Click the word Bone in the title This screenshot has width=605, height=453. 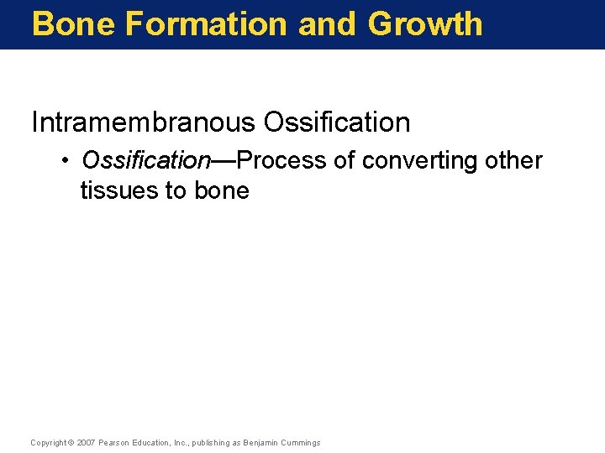pos(73,23)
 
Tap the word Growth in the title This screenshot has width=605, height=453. pos(425,23)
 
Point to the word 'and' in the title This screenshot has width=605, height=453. pos(327,23)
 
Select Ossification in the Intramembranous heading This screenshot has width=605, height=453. pos(336,122)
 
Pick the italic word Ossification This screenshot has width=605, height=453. pos(145,160)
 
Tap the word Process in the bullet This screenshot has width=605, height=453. pos(281,160)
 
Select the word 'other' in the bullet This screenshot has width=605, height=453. pos(513,160)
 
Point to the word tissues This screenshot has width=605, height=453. pos(121,190)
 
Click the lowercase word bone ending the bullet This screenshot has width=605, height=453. pos(221,190)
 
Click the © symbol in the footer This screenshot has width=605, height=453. pos(71,442)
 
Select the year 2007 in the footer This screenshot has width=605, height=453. pos(86,442)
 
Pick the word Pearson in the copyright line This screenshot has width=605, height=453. pos(113,442)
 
